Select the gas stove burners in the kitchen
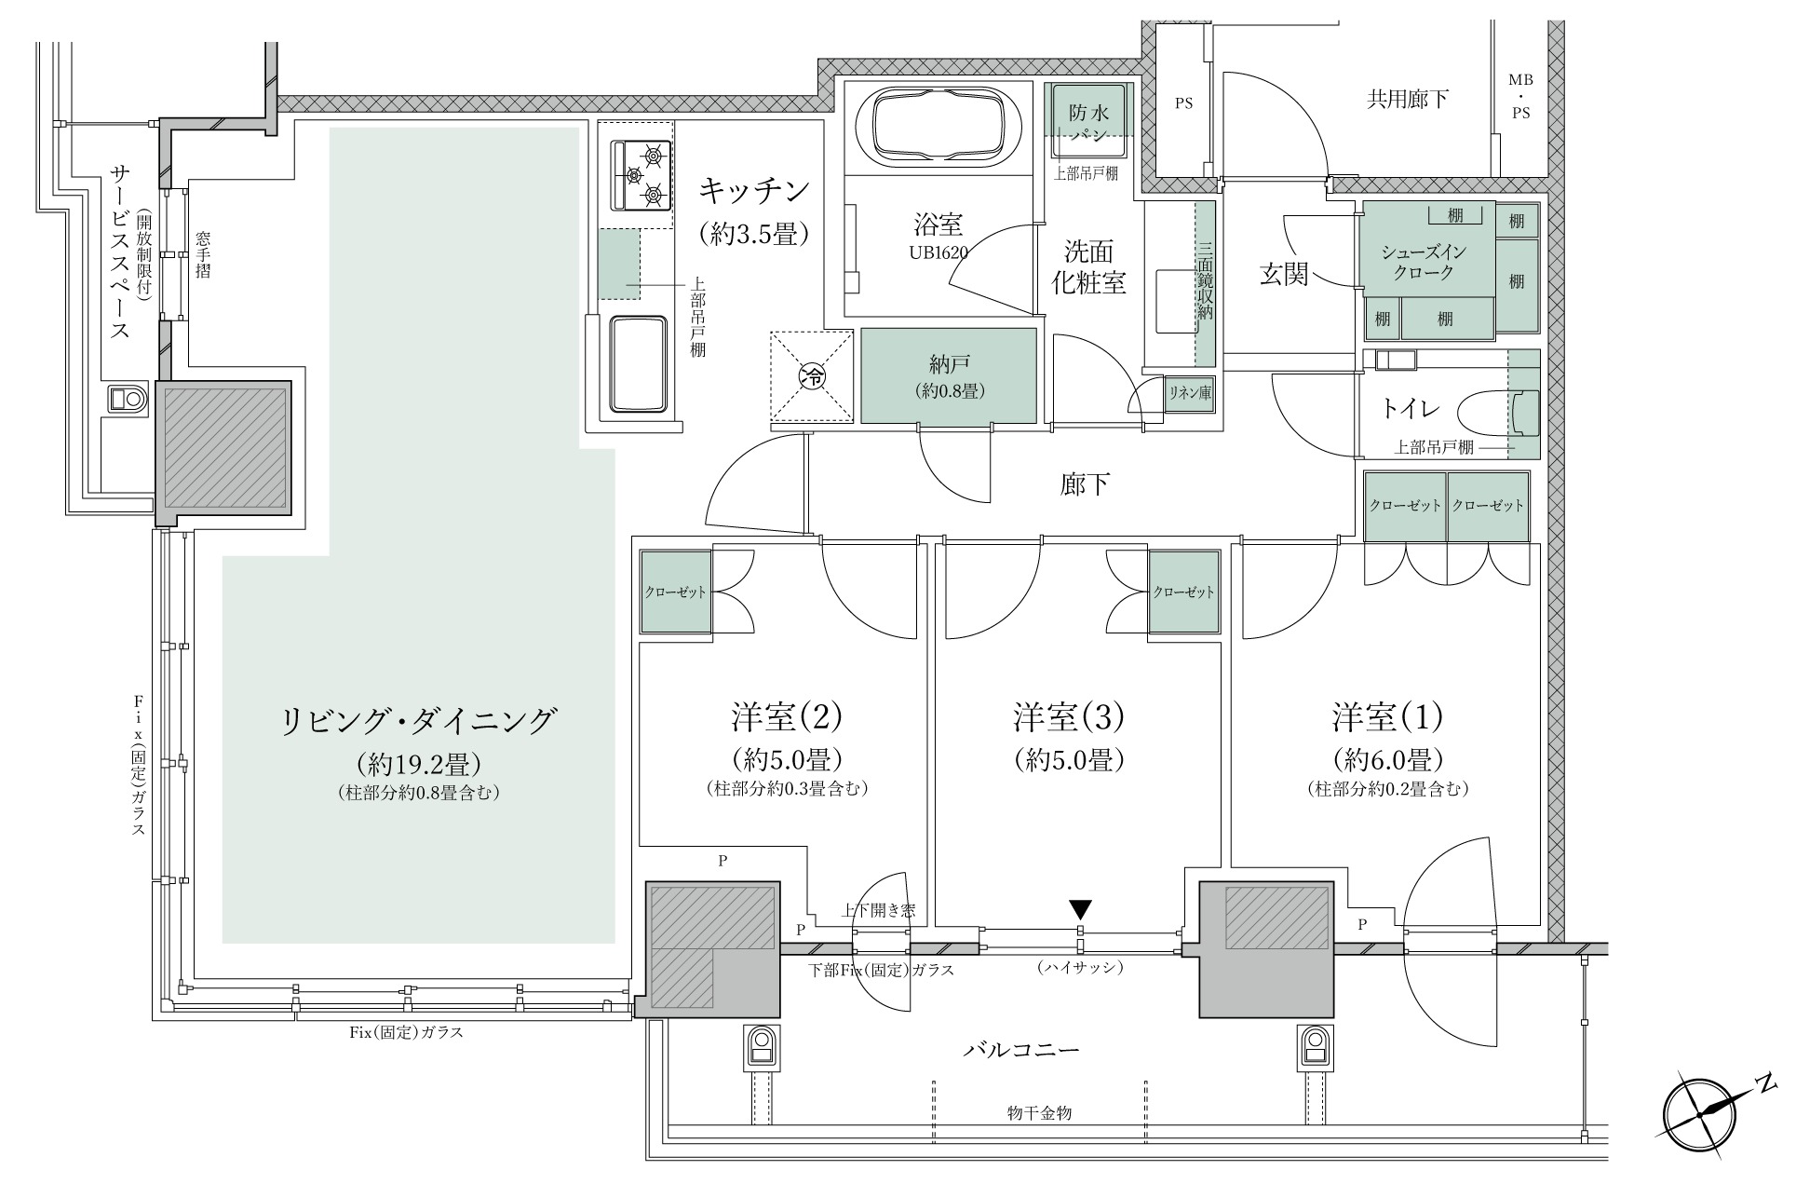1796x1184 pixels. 641,174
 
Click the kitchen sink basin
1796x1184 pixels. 639,363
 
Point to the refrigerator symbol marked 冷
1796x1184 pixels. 812,378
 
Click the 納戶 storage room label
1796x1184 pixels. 948,375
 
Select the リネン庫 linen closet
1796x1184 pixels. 1191,394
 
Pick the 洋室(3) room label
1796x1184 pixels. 1070,717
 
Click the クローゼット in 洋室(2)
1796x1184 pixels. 676,592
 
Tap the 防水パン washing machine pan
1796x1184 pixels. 1088,124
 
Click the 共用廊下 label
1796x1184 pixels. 1407,99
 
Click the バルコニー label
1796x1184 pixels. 1020,1051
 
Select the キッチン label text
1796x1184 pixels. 755,191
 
